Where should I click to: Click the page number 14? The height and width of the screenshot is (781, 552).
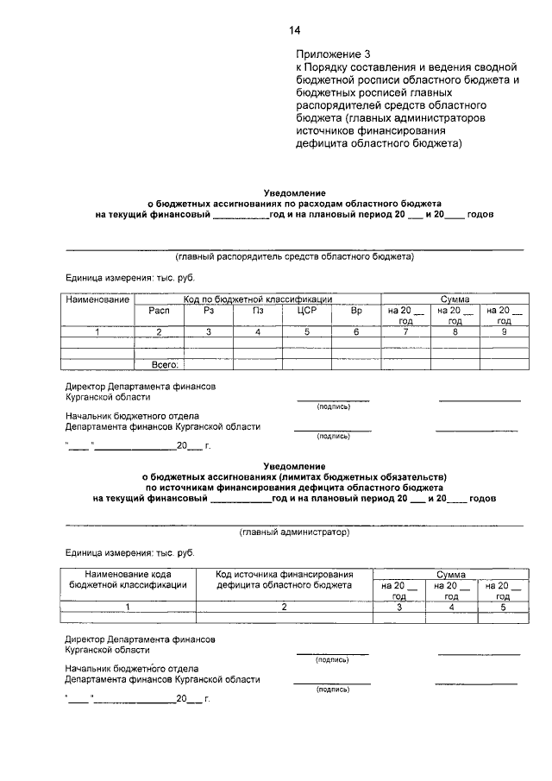click(x=294, y=31)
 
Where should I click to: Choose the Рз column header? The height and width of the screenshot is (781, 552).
click(x=208, y=311)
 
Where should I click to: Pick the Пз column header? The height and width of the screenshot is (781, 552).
click(x=258, y=311)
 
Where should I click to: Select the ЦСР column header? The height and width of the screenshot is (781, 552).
click(x=308, y=311)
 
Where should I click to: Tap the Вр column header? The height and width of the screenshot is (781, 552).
click(x=357, y=311)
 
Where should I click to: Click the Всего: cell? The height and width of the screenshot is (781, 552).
click(x=164, y=365)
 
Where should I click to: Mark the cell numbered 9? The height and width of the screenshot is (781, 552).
click(x=504, y=331)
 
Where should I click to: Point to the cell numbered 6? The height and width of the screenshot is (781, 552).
click(x=357, y=331)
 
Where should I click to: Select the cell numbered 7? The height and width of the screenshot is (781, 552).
click(x=405, y=331)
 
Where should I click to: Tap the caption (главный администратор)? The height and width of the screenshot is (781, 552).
click(x=295, y=532)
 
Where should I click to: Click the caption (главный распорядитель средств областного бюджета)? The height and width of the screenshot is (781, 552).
click(x=295, y=256)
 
